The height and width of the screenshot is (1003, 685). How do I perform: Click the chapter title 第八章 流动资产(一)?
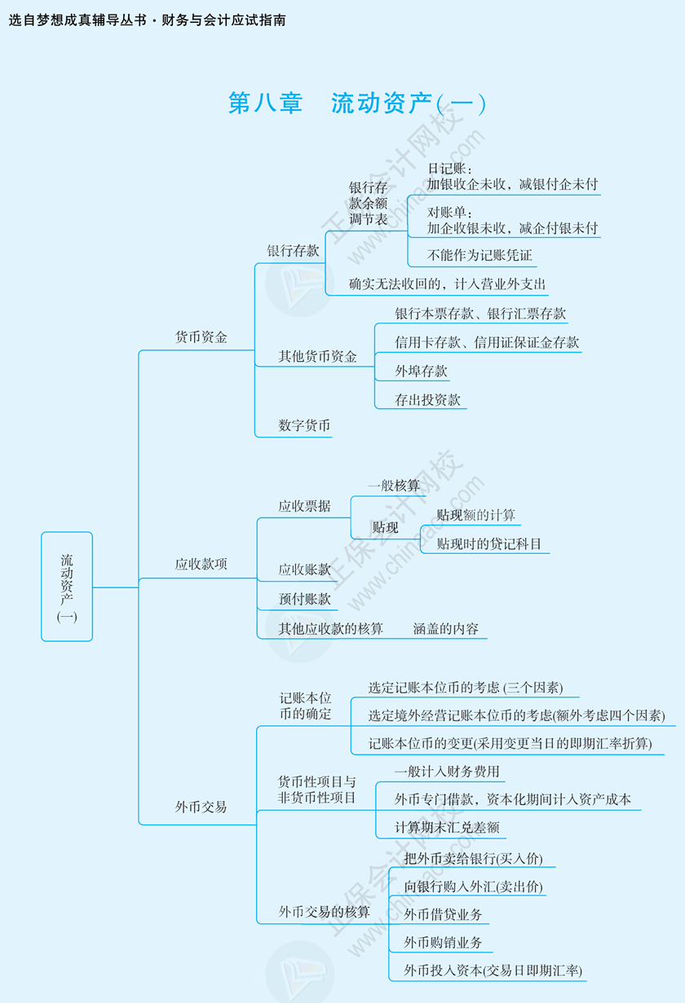pyautogui.click(x=357, y=103)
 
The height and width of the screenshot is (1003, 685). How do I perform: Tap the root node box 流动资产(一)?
pyautogui.click(x=67, y=587)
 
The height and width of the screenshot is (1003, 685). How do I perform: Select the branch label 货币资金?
pyautogui.click(x=201, y=337)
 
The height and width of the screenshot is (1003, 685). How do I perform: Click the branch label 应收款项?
pyautogui.click(x=201, y=564)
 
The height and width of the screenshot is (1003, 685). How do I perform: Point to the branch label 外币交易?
pyautogui.click(x=201, y=807)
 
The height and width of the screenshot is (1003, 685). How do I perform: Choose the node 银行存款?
pyautogui.click(x=293, y=251)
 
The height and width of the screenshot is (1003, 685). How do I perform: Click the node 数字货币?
pyautogui.click(x=304, y=425)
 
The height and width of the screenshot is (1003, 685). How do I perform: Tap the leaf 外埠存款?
pyautogui.click(x=422, y=372)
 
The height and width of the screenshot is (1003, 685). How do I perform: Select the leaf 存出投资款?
pyautogui.click(x=428, y=400)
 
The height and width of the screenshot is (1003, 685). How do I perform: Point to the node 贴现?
pyautogui.click(x=385, y=528)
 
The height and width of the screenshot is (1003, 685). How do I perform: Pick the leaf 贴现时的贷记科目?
pyautogui.click(x=489, y=544)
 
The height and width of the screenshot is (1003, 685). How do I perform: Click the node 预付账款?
pyautogui.click(x=305, y=600)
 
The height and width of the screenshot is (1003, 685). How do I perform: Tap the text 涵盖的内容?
pyautogui.click(x=446, y=629)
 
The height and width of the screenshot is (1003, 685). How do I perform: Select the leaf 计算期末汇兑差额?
pyautogui.click(x=447, y=828)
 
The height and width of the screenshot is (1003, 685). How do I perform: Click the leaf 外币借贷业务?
pyautogui.click(x=443, y=914)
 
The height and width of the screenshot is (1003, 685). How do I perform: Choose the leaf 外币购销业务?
pyautogui.click(x=443, y=943)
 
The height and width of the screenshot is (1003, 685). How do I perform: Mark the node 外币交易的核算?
pyautogui.click(x=325, y=912)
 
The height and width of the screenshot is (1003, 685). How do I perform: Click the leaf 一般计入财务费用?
pyautogui.click(x=447, y=772)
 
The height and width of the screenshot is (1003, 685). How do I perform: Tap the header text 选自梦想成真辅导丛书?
pyautogui.click(x=78, y=20)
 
